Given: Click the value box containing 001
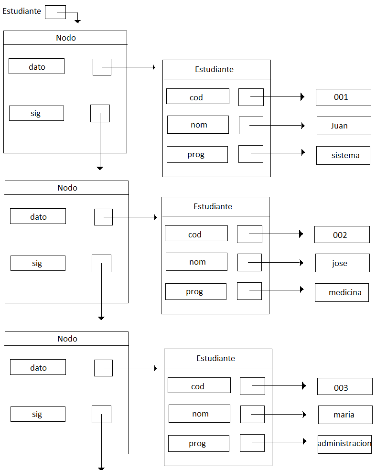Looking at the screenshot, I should point(343,97).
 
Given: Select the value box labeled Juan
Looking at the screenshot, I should point(344,126).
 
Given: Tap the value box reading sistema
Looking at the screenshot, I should point(343,155).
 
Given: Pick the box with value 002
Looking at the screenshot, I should point(342,235).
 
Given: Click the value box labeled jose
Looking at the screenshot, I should point(342,263).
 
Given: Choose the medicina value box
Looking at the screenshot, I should point(342,292).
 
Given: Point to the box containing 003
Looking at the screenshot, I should point(344,386).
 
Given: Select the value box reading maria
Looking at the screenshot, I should point(345,415).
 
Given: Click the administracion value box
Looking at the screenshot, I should point(344,444).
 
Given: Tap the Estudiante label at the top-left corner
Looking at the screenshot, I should point(21,11).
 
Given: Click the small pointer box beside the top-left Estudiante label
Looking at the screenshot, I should point(55,12).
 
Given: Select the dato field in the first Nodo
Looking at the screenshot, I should point(36,66).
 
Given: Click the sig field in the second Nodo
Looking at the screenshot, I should point(38,263).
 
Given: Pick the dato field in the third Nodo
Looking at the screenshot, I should point(38,367).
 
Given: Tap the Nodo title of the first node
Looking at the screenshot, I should point(65,38).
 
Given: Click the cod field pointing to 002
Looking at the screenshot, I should point(196,234).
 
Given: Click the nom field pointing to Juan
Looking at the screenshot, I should point(198,125).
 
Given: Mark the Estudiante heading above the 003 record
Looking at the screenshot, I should point(215,358).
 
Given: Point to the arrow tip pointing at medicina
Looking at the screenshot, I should point(302,289).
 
